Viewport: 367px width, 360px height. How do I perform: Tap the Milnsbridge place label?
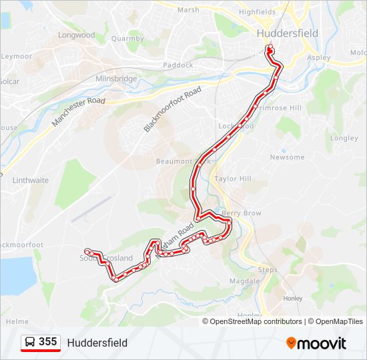[116, 79]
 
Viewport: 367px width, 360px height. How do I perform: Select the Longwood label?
[77, 35]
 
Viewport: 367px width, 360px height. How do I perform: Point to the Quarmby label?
[127, 39]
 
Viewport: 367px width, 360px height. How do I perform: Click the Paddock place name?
[177, 65]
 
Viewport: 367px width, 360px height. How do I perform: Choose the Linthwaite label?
[31, 181]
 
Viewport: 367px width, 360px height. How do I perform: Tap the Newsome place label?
[287, 157]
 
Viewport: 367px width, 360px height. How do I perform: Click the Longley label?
[344, 139]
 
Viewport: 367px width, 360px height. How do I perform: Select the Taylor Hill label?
[233, 179]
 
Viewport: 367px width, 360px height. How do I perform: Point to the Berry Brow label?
[242, 213]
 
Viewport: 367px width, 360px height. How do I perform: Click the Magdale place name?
[245, 281]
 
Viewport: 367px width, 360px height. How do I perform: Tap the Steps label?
[268, 270]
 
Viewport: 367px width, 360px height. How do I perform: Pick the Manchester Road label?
[79, 111]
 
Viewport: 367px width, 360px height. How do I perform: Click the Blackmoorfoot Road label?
[172, 109]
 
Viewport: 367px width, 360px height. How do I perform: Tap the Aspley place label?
[319, 57]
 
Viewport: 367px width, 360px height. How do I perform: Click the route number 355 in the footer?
[48, 342]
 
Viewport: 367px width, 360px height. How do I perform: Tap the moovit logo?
[316, 343]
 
